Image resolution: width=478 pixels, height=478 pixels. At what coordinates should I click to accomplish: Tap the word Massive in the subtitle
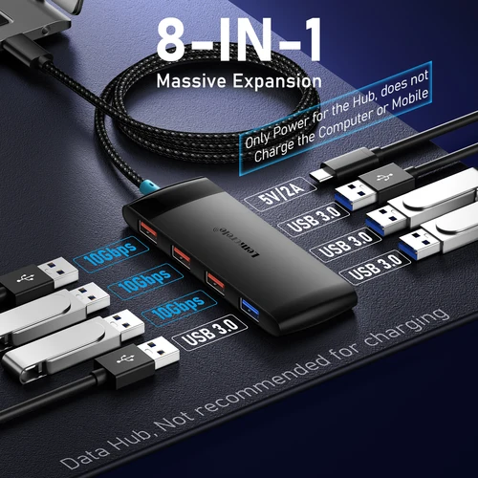[x=190, y=79]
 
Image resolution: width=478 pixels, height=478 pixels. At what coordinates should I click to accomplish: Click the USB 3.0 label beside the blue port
[x=208, y=335]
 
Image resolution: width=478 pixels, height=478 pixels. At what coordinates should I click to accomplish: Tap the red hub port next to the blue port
[x=215, y=281]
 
